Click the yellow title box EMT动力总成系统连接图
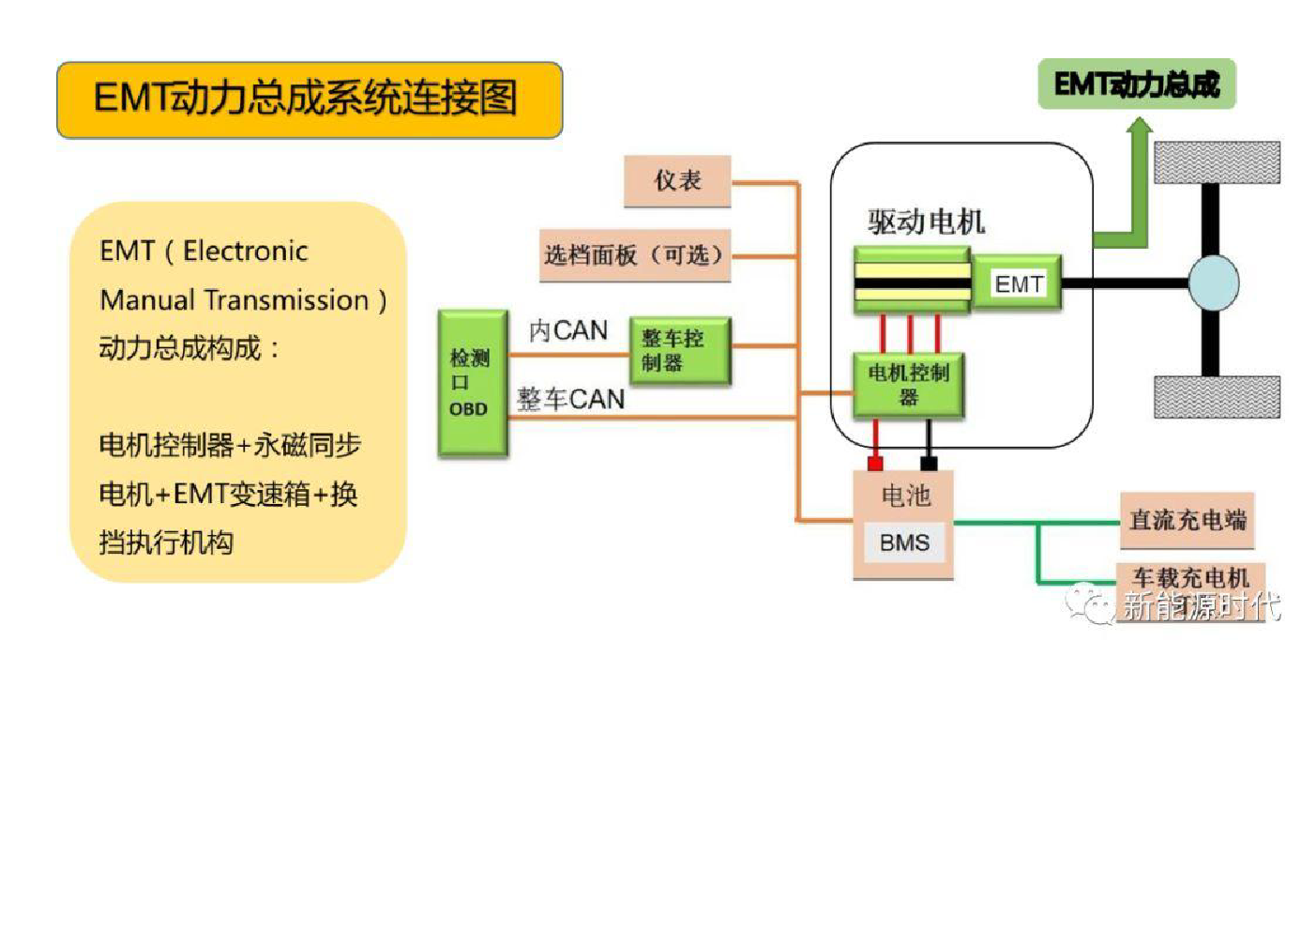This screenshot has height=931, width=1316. click(x=310, y=99)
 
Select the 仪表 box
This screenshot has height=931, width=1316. click(x=677, y=181)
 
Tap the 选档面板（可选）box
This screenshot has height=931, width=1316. click(x=635, y=255)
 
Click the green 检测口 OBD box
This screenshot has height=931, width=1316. click(x=473, y=384)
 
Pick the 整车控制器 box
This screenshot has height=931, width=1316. click(x=680, y=351)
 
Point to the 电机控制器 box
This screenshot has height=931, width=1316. click(x=908, y=386)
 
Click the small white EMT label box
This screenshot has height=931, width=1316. click(x=1018, y=283)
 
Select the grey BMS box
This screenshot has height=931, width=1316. click(x=905, y=542)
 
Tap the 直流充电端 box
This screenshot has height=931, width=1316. click(x=1187, y=520)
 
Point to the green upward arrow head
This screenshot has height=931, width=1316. click(x=1140, y=125)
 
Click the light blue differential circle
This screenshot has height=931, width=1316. click(x=1214, y=282)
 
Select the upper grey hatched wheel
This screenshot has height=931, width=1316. click(x=1218, y=162)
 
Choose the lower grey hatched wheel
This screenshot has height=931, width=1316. click(x=1218, y=397)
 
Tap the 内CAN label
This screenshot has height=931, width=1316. click(x=568, y=331)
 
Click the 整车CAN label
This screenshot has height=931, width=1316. click(x=570, y=400)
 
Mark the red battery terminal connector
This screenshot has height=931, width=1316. click(x=875, y=463)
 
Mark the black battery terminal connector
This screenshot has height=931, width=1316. click(x=929, y=463)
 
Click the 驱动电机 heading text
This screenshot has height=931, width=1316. click(x=927, y=222)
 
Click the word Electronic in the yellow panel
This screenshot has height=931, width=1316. click(x=246, y=252)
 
